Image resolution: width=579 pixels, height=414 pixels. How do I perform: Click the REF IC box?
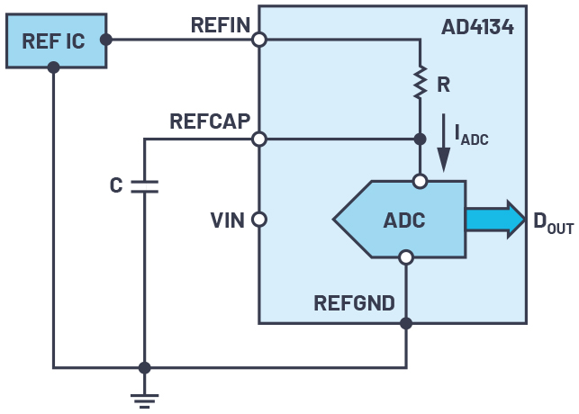tap(56, 40)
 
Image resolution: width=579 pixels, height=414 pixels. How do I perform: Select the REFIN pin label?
tap(220, 25)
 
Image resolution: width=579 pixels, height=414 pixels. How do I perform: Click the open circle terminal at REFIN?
tap(259, 40)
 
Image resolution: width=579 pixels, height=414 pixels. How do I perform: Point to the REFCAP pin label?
tap(210, 121)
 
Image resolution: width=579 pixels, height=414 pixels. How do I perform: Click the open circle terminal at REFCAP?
tap(259, 139)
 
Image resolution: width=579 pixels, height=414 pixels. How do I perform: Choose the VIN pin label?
tap(228, 219)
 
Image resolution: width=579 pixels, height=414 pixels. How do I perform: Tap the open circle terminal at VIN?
tap(259, 219)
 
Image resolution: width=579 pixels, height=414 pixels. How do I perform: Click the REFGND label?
tap(354, 302)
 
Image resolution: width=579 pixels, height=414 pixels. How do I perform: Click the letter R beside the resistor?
tap(443, 85)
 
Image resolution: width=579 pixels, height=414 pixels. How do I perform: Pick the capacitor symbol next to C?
tap(144, 185)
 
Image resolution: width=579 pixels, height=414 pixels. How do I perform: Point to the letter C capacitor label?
tap(116, 185)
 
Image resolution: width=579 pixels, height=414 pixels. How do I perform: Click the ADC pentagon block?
tap(401, 219)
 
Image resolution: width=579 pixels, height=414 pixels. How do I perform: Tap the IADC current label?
tap(470, 136)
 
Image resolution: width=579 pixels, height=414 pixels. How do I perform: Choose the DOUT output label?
tap(551, 220)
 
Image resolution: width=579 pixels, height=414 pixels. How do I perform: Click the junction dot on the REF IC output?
tap(106, 40)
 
